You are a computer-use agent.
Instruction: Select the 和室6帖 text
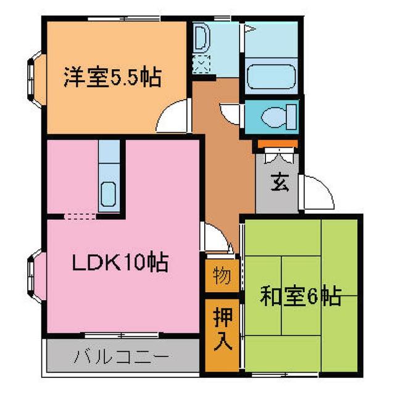pos(301,297)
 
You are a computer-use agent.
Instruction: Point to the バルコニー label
pos(121,356)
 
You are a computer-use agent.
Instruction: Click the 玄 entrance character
pos(279,183)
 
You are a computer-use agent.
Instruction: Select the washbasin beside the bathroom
pos(201,40)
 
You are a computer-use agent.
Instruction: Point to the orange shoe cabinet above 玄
pos(277,145)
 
